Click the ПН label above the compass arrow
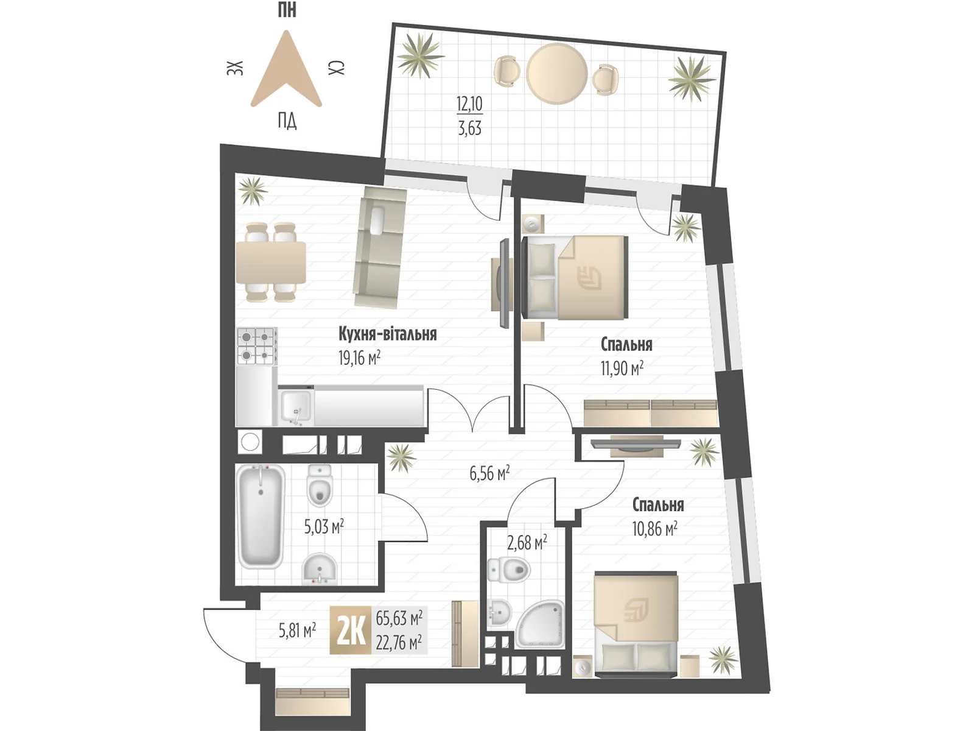(x=287, y=10)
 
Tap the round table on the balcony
(x=556, y=73)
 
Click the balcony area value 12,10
(x=469, y=104)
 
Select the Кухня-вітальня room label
(x=387, y=334)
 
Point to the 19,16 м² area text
(x=359, y=358)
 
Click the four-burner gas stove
(x=256, y=345)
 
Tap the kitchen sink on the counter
(x=296, y=406)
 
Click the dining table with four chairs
(x=271, y=262)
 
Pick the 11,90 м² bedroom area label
(x=622, y=368)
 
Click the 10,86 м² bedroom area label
(x=654, y=528)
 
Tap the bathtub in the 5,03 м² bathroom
(x=261, y=516)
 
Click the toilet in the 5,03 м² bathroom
(x=320, y=486)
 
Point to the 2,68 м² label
(x=527, y=542)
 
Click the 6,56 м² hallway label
(x=489, y=473)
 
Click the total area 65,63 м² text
(x=399, y=618)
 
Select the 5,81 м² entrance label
(x=297, y=630)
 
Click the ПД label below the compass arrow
(x=287, y=121)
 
